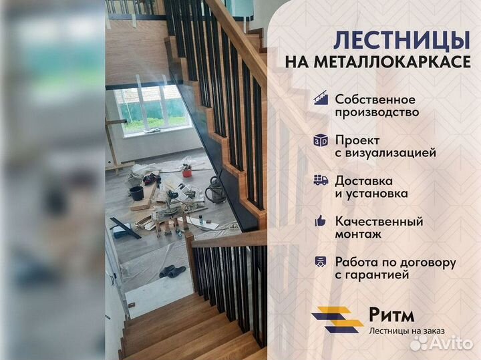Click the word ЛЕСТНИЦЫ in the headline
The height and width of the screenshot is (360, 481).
402,41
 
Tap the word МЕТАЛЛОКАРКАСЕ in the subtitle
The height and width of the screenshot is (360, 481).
392,62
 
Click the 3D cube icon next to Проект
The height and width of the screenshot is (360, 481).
321,141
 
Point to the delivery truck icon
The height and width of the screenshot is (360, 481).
321,180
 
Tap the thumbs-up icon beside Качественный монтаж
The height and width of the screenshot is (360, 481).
320,221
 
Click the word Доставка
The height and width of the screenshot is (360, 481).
363,181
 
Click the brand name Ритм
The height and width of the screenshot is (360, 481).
391,315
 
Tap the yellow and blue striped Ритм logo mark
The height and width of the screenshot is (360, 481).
337,320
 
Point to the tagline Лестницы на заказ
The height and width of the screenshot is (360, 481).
407,331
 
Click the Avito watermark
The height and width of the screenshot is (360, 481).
441,343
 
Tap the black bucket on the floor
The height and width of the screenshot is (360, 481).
136,193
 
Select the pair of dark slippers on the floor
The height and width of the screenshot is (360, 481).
172,272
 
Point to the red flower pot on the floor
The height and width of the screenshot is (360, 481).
187,173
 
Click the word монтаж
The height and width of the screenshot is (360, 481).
358,234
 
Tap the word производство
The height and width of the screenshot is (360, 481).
377,112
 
